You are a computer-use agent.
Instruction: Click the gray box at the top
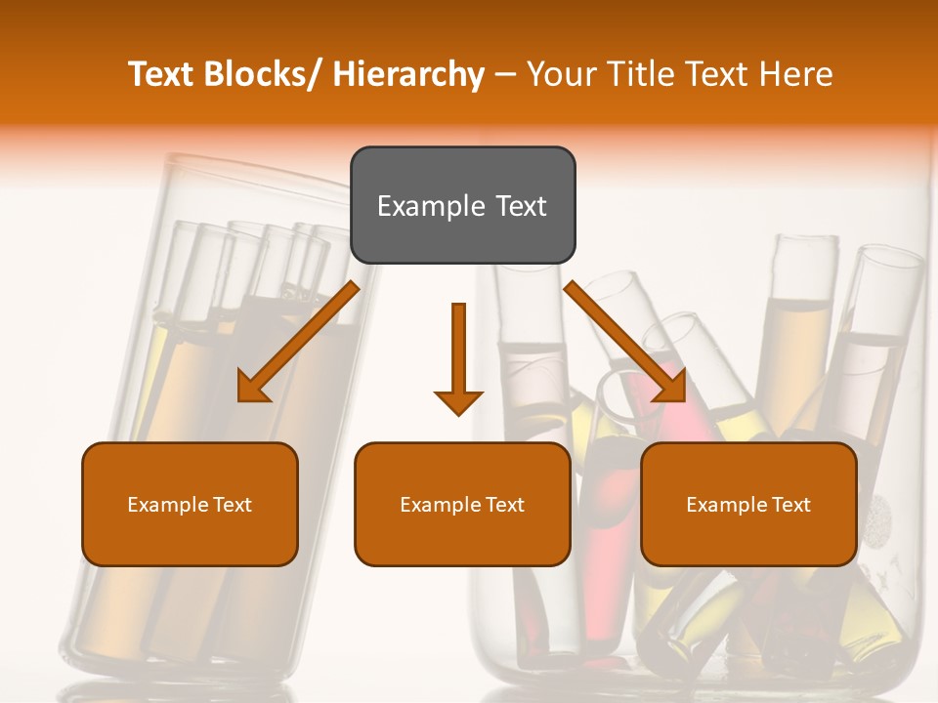[x=462, y=205]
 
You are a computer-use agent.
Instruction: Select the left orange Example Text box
[x=190, y=504]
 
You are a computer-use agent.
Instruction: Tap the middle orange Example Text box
[x=462, y=504]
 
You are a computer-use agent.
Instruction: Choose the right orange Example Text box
[x=748, y=504]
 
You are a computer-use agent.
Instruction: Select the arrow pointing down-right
[x=625, y=342]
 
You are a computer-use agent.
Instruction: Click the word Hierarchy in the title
[x=408, y=74]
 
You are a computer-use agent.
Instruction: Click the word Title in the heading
[x=638, y=74]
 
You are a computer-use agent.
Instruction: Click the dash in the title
[x=505, y=74]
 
